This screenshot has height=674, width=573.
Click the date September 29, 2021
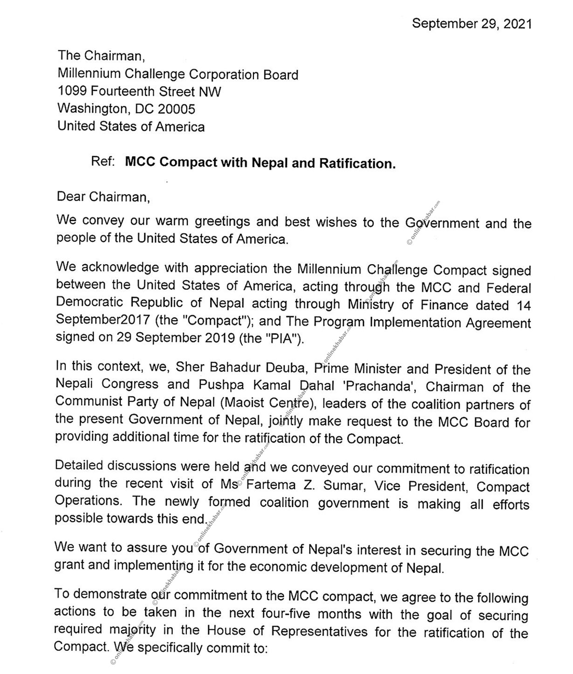tap(471, 23)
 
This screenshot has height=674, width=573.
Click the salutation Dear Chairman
tap(103, 197)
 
